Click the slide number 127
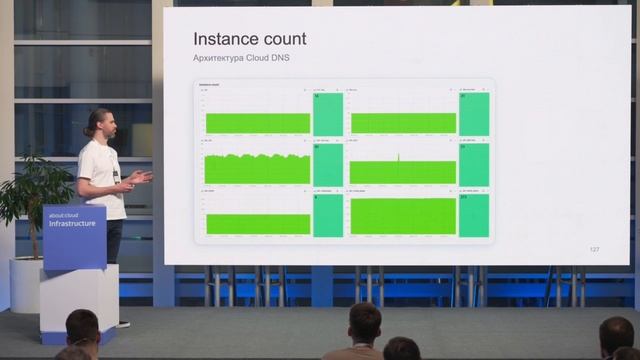click(594, 249)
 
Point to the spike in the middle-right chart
click(399, 158)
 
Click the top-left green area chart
click(258, 123)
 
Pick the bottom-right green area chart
click(403, 216)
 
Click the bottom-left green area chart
click(258, 223)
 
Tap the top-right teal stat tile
click(474, 114)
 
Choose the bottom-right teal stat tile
click(474, 216)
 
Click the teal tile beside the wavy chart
click(328, 165)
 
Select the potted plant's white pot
click(25, 284)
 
